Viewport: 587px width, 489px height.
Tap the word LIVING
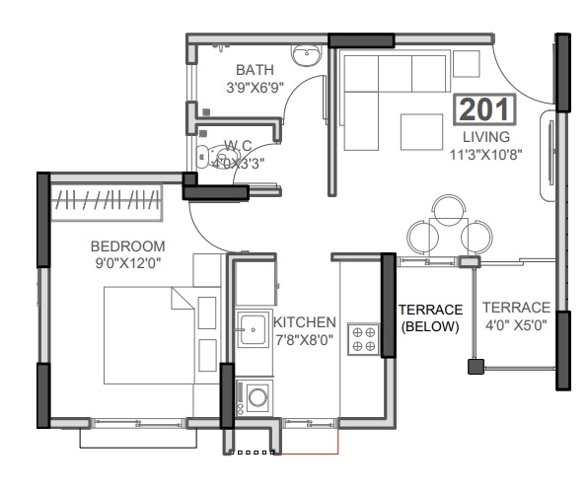[x=485, y=136]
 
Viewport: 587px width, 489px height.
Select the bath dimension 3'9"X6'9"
[x=254, y=87]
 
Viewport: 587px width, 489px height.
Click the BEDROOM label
[x=127, y=245]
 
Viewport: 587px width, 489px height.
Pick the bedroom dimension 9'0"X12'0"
[x=127, y=263]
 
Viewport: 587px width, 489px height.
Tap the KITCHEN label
[x=305, y=322]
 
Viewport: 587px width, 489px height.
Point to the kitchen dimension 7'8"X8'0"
[x=305, y=340]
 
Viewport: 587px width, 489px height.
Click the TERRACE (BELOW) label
[x=430, y=317]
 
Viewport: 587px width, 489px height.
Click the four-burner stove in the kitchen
[x=364, y=338]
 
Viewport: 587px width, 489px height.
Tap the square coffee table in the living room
[x=422, y=131]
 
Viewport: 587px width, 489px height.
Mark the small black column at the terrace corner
[x=475, y=367]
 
